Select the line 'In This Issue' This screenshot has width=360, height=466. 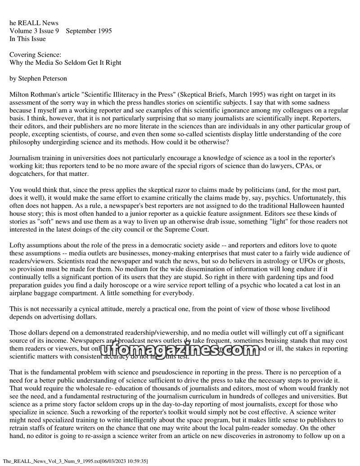27,39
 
